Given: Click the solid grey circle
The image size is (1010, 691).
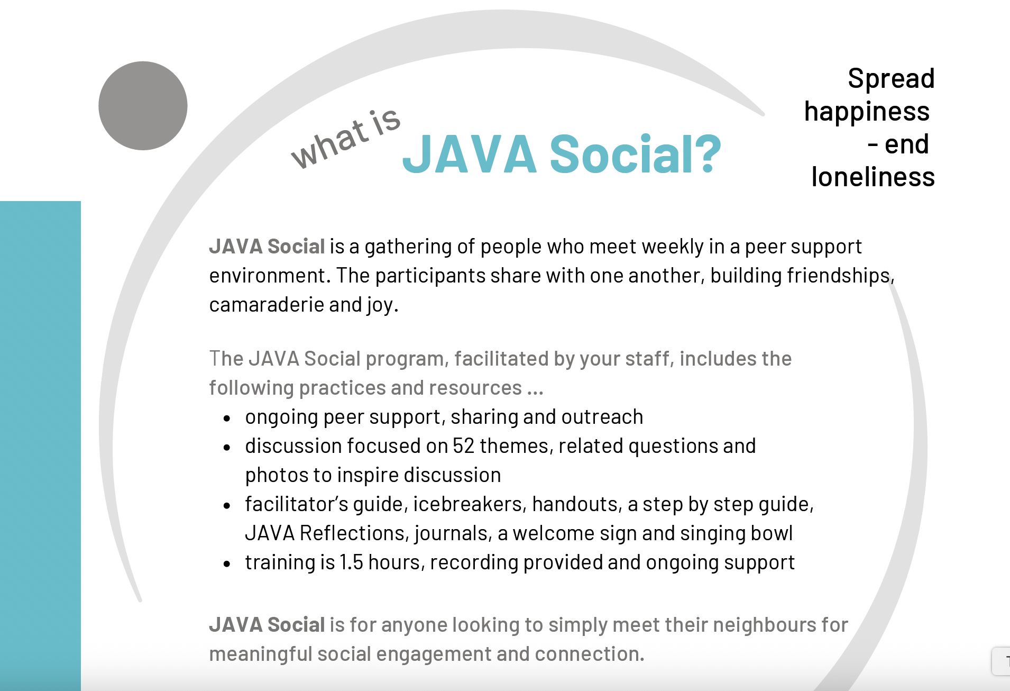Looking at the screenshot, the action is [x=143, y=106].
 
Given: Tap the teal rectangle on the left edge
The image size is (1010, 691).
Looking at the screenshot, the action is [x=40, y=445].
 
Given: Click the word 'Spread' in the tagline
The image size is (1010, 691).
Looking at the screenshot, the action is [x=892, y=79].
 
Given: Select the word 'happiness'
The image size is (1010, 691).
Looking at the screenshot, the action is [x=867, y=112].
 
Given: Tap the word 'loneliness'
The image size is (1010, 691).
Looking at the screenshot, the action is [x=873, y=177].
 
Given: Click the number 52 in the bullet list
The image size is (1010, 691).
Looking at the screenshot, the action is [x=464, y=446].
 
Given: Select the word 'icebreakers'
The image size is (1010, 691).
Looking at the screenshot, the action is [x=469, y=504].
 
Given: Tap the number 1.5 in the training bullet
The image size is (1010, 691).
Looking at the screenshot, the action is [x=351, y=562].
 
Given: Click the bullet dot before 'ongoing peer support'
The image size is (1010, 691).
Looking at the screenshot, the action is [x=227, y=419].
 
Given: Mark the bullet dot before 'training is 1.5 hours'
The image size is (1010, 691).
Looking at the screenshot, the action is [x=227, y=564].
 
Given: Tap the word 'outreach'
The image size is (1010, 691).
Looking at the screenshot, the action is [x=602, y=417].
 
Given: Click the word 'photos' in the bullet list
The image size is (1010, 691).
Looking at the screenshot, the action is [x=278, y=476].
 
